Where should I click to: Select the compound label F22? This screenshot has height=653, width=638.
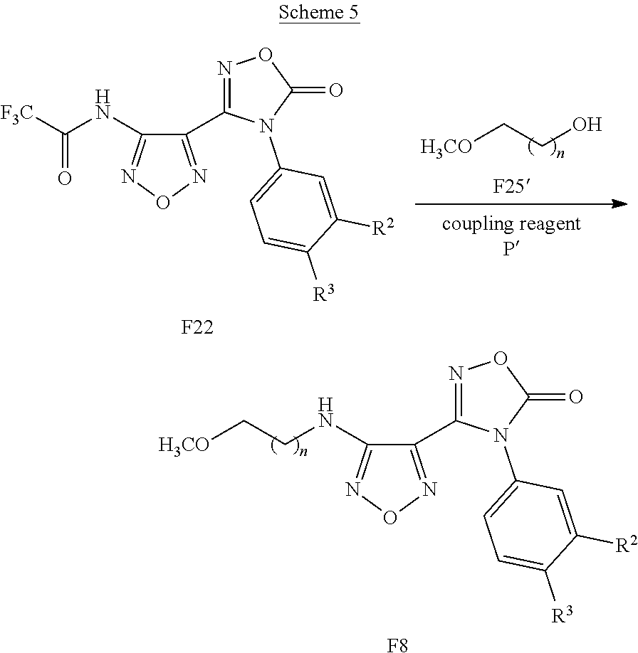197,327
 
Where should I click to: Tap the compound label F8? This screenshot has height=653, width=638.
397,645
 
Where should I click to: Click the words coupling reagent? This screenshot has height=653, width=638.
511,224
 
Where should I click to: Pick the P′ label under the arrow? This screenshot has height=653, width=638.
510,250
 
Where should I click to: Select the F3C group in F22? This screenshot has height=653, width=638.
16,113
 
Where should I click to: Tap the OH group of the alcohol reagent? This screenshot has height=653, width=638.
587,124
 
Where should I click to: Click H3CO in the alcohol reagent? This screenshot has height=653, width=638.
446,147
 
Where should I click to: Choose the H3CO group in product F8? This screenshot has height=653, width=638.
184,445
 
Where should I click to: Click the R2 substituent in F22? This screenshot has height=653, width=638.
382,227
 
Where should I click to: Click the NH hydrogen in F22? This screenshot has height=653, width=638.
103,97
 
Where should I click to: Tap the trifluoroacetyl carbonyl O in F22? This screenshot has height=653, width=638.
65,179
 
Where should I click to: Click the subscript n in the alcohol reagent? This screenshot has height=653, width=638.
561,154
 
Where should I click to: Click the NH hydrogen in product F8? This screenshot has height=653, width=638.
325,404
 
